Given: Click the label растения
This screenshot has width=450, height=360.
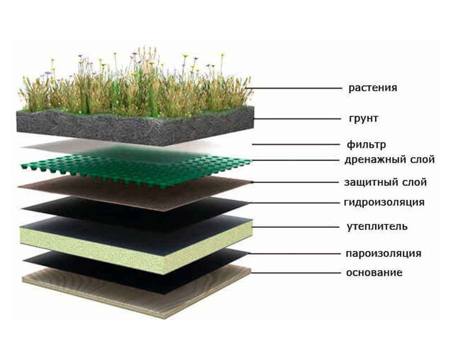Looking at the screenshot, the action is [x=373, y=88].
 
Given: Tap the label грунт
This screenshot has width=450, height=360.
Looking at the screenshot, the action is [x=364, y=118].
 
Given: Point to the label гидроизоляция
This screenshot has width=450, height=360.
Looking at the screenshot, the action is [x=384, y=202].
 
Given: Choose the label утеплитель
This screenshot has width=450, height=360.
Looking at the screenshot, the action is [x=377, y=227].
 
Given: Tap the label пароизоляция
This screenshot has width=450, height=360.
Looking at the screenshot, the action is [x=383, y=253].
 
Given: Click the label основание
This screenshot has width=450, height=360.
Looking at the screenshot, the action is [x=374, y=272].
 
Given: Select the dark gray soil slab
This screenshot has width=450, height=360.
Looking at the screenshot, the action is [x=135, y=126].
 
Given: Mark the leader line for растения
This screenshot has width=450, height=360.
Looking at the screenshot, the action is [x=293, y=88].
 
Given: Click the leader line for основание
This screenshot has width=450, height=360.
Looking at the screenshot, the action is [x=295, y=272].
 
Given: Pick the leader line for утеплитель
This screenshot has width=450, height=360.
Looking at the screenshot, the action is [x=295, y=227].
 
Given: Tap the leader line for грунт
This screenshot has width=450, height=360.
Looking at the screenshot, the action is [x=297, y=118].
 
